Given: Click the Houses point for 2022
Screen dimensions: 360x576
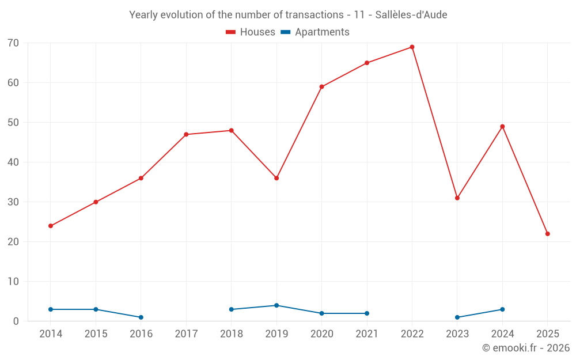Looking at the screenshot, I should pos(412,47).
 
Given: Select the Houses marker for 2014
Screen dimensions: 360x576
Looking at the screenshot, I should pos(51,226).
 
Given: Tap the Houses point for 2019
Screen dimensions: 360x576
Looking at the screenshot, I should pos(276,178).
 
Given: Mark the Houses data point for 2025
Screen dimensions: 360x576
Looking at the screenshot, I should pos(548,234).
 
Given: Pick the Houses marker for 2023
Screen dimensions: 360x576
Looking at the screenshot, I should pos(457,198).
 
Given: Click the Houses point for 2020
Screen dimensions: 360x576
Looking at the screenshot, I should pos(322,87).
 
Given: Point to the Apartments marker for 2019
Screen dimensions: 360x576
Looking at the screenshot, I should pos(276,305).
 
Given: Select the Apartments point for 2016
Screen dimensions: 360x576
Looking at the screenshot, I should pos(141,317).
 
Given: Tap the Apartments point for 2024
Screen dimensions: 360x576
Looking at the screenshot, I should pos(502,309).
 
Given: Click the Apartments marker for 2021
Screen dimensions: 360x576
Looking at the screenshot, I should pos(367,313).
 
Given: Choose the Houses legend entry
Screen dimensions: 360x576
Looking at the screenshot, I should pos(251,32).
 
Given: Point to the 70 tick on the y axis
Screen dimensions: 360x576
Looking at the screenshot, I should pos(13,43).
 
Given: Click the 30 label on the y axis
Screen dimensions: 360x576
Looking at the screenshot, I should pos(13,202).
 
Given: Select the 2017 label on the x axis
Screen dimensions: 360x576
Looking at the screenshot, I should pos(186,334).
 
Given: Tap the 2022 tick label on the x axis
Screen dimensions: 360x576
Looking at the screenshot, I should pos(412,334).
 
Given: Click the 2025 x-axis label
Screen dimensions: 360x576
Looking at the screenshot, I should pos(548,334).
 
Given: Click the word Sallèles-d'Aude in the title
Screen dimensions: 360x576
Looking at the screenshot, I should pos(411,15).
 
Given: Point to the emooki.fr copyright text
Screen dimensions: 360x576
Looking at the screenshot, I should pos(526,348).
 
